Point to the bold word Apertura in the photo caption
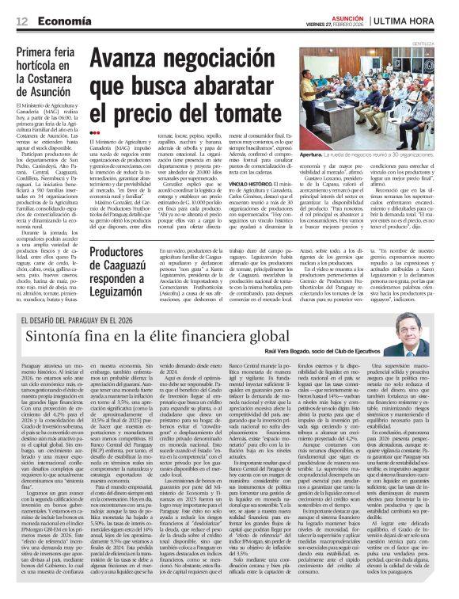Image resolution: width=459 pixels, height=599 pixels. point(313,155)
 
